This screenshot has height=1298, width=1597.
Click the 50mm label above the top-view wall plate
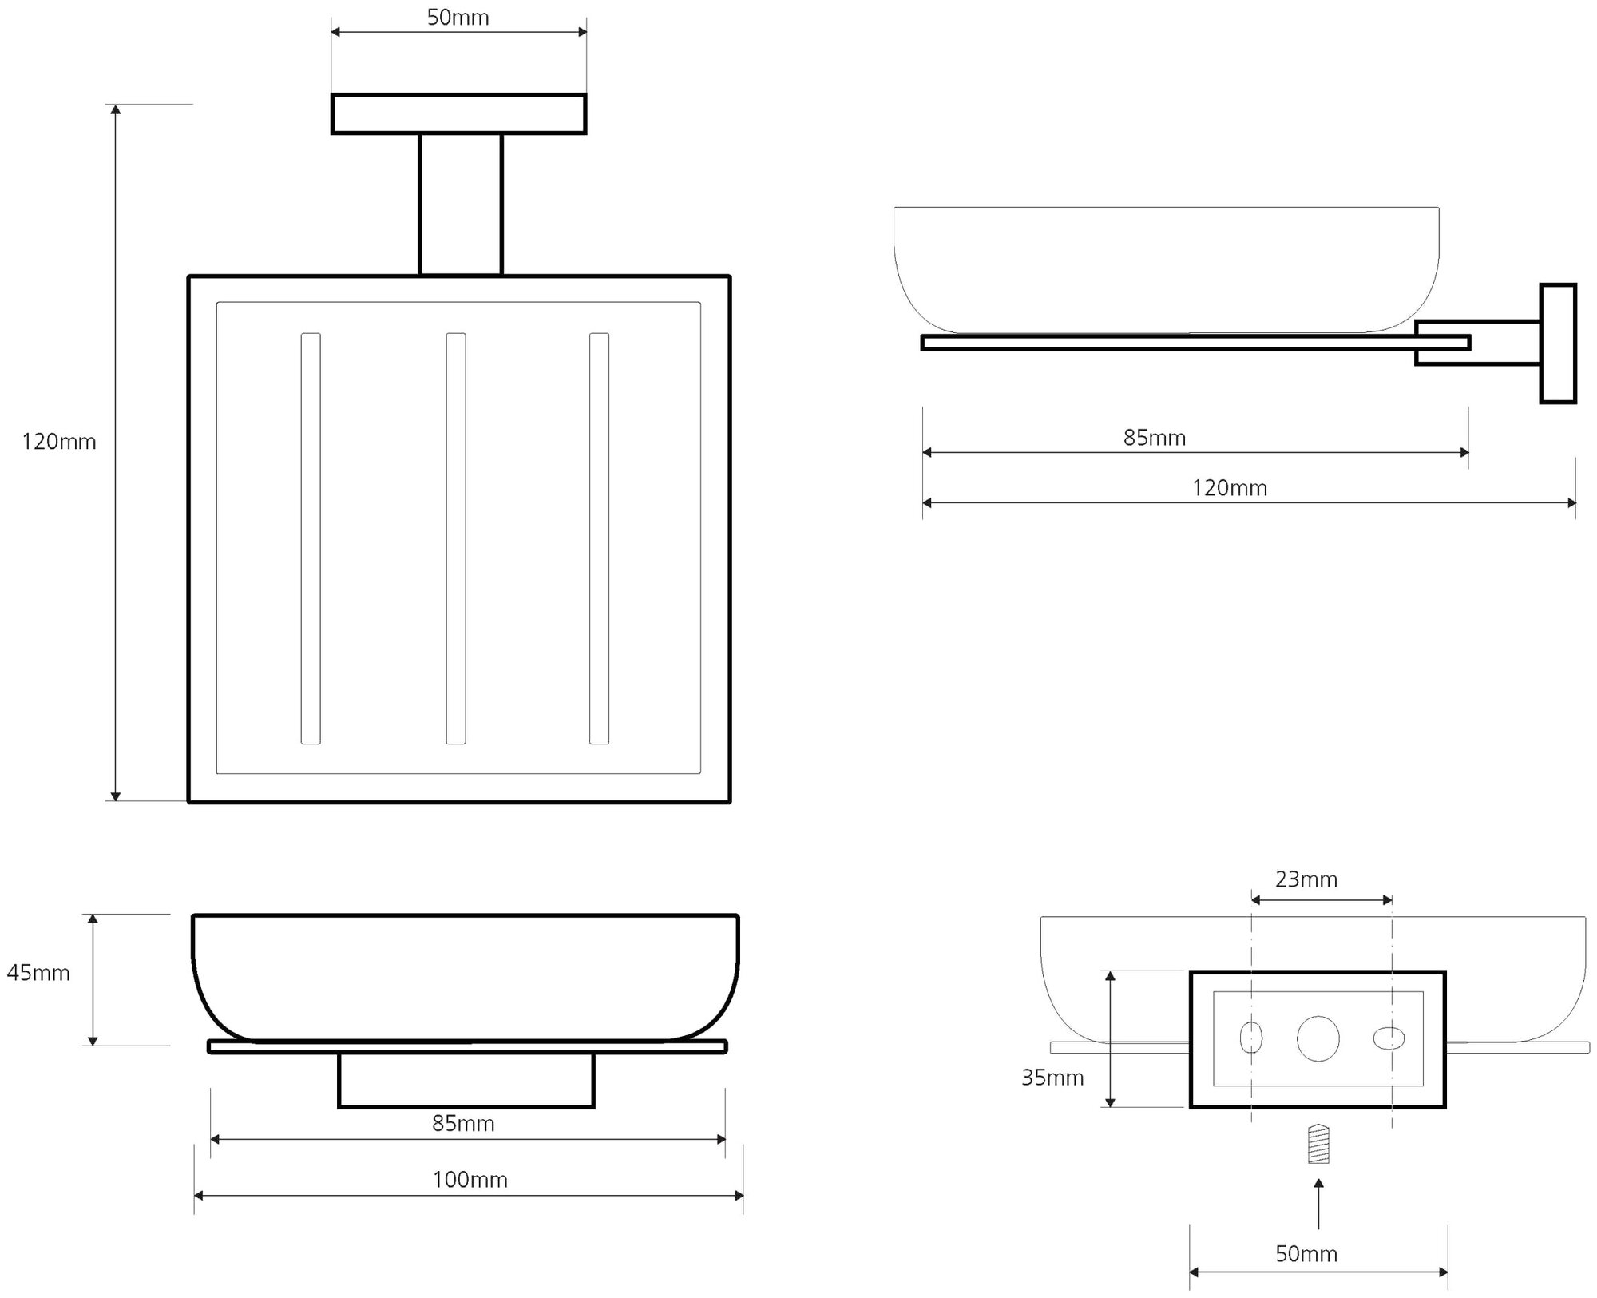pyautogui.click(x=458, y=18)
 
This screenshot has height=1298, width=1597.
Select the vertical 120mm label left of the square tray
pyautogui.click(x=58, y=442)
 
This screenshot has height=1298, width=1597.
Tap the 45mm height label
pyautogui.click(x=38, y=973)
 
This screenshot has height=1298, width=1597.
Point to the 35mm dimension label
pyautogui.click(x=1052, y=1078)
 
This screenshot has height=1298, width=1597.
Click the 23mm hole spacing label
pyautogui.click(x=1306, y=879)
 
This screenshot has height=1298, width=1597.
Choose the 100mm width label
pyautogui.click(x=470, y=1180)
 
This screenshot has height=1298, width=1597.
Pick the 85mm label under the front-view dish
pyautogui.click(x=463, y=1124)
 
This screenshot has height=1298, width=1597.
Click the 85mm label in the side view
pyautogui.click(x=1154, y=438)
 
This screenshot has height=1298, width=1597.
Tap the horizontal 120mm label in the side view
pyautogui.click(x=1229, y=488)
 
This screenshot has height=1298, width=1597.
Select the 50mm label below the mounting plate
pyautogui.click(x=1306, y=1254)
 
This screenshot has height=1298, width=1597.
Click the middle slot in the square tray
pyautogui.click(x=456, y=538)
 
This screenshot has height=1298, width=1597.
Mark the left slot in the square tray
pyautogui.click(x=311, y=538)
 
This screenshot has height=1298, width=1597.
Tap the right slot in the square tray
pyautogui.click(x=599, y=538)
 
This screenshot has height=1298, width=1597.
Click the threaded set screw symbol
pyautogui.click(x=1318, y=1144)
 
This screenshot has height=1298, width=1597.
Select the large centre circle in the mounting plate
pyautogui.click(x=1318, y=1039)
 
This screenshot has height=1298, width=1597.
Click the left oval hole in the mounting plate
pyautogui.click(x=1250, y=1038)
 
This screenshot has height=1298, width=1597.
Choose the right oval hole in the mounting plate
pyautogui.click(x=1389, y=1038)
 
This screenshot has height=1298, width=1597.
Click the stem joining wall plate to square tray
pyautogui.click(x=461, y=204)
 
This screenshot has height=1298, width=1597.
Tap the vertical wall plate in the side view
pyautogui.click(x=1557, y=343)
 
